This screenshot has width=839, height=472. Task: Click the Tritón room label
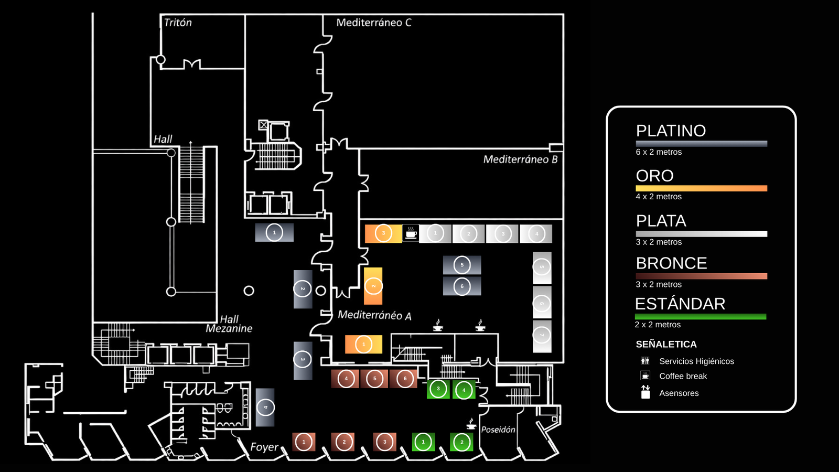[x=178, y=23]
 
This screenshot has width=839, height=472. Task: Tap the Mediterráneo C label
[x=373, y=23]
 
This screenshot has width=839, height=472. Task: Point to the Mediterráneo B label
[x=520, y=159]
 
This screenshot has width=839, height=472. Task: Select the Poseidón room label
[x=498, y=430]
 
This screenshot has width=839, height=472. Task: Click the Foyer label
[x=264, y=447]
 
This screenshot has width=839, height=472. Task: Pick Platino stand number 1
[x=274, y=232]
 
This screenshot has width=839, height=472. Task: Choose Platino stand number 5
[x=462, y=265]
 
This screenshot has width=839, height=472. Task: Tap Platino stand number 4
[x=265, y=407]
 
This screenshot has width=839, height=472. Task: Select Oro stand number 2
[x=373, y=286]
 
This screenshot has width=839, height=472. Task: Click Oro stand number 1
[x=363, y=345]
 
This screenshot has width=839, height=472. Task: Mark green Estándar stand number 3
[x=438, y=389]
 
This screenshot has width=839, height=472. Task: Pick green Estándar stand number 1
[x=423, y=442]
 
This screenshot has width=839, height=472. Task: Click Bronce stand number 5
[x=374, y=379]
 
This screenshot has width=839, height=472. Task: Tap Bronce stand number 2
[x=344, y=442]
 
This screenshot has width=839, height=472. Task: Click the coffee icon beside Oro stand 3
[x=411, y=233]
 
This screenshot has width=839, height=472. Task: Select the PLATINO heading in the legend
[x=671, y=131]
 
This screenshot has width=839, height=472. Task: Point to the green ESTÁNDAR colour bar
[x=700, y=317]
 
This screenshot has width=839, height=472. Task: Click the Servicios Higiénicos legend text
[x=696, y=361]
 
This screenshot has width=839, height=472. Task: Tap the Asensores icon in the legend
[x=646, y=392]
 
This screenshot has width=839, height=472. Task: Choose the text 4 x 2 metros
[x=659, y=197]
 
